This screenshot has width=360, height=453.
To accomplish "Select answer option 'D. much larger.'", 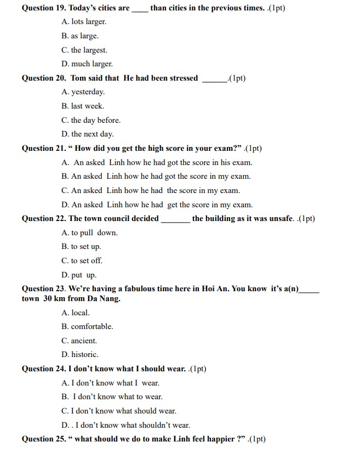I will pyautogui.click(x=87, y=64).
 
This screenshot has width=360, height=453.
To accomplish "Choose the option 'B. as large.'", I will pyautogui.click(x=80, y=36).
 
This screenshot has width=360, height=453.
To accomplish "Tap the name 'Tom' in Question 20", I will pyautogui.click(x=78, y=78).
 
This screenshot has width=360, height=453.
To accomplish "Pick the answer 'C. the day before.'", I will pyautogui.click(x=91, y=120).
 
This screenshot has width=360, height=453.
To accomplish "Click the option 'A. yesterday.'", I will pyautogui.click(x=83, y=92).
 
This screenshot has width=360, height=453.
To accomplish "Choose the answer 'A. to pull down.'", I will pyautogui.click(x=90, y=233).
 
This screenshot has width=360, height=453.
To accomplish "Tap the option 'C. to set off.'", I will pyautogui.click(x=82, y=261).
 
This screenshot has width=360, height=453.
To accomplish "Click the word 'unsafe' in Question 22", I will pyautogui.click(x=282, y=219).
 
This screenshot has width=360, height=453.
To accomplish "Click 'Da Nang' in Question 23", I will pyautogui.click(x=104, y=299).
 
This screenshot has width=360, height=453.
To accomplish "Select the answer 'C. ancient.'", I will pyautogui.click(x=79, y=341).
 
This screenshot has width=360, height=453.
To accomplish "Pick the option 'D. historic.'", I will pyautogui.click(x=80, y=355).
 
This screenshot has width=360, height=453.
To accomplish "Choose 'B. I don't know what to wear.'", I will pyautogui.click(x=112, y=397).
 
